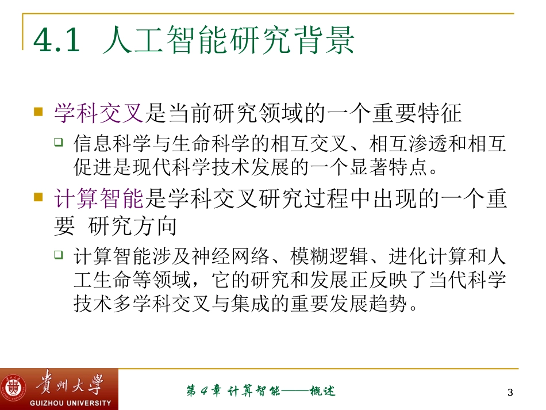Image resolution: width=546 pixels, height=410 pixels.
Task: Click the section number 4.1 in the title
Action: pyautogui.click(x=56, y=41)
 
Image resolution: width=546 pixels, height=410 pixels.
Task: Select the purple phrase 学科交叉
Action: pyautogui.click(x=98, y=113)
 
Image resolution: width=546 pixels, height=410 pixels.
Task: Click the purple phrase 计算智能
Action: pyautogui.click(x=98, y=199)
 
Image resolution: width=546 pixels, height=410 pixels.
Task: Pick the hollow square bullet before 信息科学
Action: pyautogui.click(x=59, y=141)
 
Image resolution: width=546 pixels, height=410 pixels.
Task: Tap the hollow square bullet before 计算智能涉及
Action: pyautogui.click(x=59, y=254)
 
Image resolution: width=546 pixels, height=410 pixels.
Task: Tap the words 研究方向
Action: pyautogui.click(x=133, y=227)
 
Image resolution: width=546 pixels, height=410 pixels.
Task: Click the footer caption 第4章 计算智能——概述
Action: pyautogui.click(x=261, y=392)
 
